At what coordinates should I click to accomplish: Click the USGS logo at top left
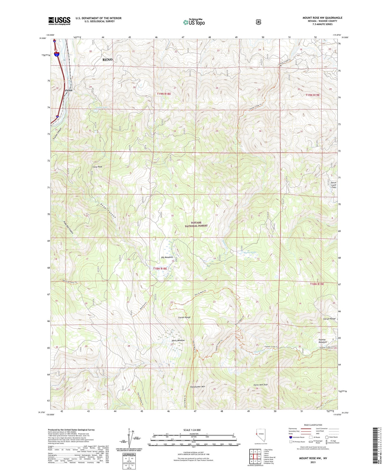click(x=59, y=21)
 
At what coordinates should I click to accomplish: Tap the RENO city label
click(x=107, y=60)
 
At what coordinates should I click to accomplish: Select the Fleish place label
click(x=69, y=90)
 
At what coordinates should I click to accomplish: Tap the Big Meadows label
click(x=167, y=257)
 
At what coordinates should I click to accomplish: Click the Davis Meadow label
click(x=178, y=341)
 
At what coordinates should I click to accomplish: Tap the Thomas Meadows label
click(x=322, y=341)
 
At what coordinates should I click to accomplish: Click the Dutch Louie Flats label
click(x=334, y=185)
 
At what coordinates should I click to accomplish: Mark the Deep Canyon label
click(x=108, y=211)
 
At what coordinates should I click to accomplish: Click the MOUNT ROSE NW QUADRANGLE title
click(x=322, y=18)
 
